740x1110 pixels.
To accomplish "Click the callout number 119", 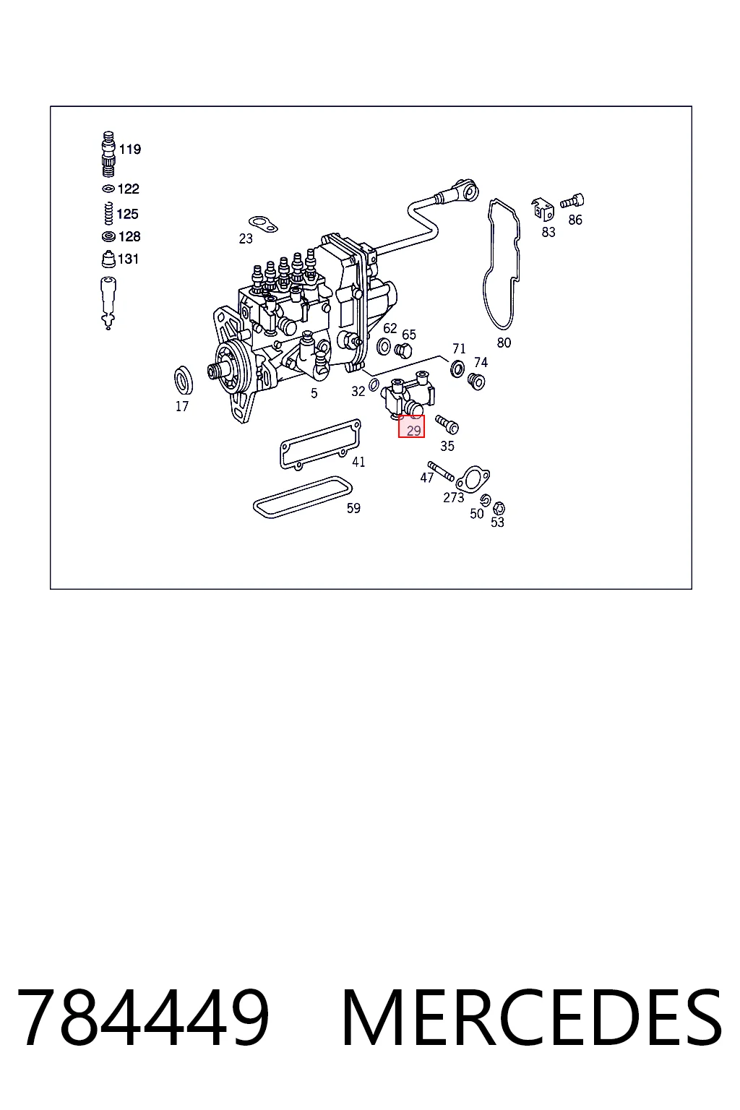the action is (130, 149).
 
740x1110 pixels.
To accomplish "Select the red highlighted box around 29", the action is (411, 426).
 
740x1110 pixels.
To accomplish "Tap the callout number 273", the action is (454, 497).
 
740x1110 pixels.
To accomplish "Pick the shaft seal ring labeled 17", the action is (184, 380).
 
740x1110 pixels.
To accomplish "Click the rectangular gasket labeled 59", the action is (302, 497).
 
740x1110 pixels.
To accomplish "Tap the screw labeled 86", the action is (572, 202).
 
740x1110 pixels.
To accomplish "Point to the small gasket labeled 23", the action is (263, 224).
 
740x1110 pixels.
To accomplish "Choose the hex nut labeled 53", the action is (499, 508).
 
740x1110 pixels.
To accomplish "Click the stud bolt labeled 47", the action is (441, 471).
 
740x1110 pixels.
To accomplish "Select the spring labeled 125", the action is (108, 214).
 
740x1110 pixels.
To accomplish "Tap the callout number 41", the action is (358, 462).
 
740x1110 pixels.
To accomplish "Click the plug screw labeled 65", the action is (403, 350).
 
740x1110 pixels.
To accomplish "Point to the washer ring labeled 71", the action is (457, 369).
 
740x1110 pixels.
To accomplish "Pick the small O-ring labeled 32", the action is (375, 384).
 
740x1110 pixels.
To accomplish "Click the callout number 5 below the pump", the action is (314, 393).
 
